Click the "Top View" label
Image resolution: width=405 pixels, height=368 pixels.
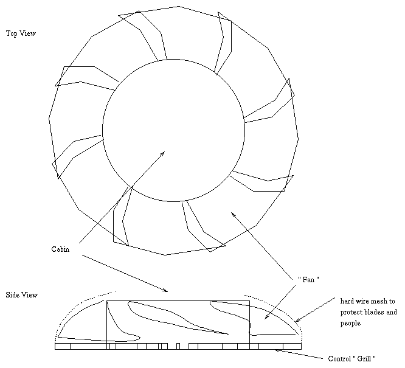click(x=21, y=33)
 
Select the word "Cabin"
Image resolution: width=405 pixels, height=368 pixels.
click(x=61, y=249)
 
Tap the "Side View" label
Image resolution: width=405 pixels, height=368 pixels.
click(x=22, y=295)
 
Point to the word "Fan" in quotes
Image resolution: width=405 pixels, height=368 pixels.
click(x=310, y=279)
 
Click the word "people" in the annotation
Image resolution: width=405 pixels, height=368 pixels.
click(x=351, y=324)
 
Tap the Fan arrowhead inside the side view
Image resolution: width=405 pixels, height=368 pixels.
click(x=265, y=318)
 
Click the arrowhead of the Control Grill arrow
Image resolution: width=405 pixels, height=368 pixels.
click(x=277, y=350)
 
